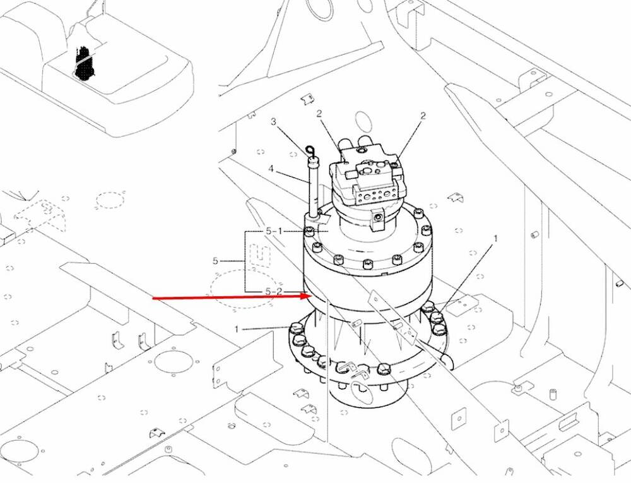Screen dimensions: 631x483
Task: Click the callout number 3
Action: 274,121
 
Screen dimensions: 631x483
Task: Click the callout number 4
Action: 271,169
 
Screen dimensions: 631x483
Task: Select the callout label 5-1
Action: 274,231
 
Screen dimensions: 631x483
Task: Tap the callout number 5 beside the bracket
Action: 215,261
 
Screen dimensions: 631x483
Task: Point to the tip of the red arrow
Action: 309,296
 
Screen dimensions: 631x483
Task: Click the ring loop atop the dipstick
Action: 310,152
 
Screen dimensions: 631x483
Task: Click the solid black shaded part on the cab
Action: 85,62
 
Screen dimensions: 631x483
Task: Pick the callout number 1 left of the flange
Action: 237,329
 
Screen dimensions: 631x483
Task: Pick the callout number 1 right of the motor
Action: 495,238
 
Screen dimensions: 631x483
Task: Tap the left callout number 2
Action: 319,114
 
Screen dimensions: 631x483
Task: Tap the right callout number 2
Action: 423,116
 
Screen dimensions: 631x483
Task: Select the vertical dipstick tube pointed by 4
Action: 313,187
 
